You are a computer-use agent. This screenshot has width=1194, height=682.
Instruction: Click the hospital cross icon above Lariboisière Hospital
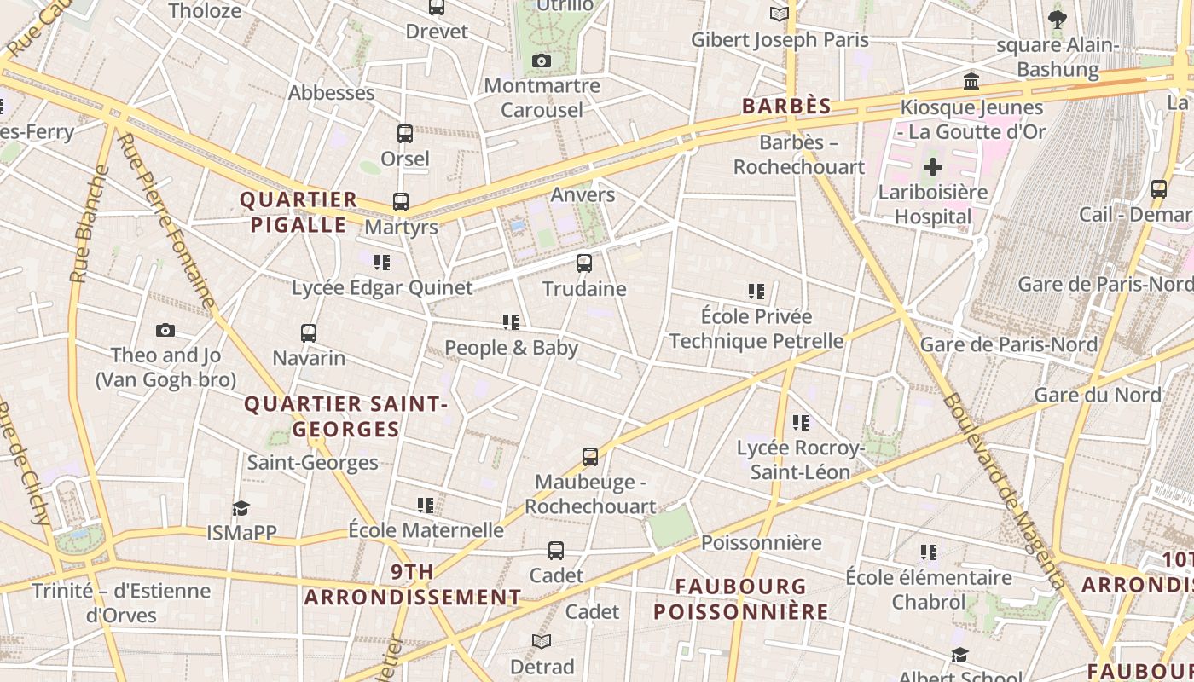[933, 166]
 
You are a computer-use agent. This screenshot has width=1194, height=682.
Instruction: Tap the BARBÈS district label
[785, 106]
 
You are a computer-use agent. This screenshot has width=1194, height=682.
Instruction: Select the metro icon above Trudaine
[584, 263]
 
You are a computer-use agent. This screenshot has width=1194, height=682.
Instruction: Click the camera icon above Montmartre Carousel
[541, 61]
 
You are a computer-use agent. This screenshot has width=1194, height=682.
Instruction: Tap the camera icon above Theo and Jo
[165, 330]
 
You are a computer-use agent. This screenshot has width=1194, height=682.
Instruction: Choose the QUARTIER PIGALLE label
[298, 212]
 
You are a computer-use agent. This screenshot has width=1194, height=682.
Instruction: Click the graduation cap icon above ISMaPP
[241, 508]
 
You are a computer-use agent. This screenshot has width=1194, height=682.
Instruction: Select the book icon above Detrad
[542, 641]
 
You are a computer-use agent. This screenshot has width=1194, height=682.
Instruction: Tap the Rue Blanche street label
[90, 223]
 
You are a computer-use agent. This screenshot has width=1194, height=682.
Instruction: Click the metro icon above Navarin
[309, 332]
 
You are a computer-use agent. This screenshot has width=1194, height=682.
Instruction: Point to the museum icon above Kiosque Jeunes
[971, 82]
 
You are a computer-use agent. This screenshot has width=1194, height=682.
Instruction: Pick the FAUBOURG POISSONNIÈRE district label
[740, 598]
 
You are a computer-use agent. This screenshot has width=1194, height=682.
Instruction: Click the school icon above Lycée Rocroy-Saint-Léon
[800, 422]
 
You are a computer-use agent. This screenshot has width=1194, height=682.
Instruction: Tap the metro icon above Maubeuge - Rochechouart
[590, 457]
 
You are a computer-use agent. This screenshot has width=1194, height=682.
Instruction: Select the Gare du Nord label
[1098, 395]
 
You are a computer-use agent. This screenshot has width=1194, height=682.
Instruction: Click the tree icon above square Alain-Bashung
[1058, 19]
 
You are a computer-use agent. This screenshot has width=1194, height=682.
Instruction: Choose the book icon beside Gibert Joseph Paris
[779, 14]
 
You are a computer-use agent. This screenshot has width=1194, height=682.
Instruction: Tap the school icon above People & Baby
[511, 322]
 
